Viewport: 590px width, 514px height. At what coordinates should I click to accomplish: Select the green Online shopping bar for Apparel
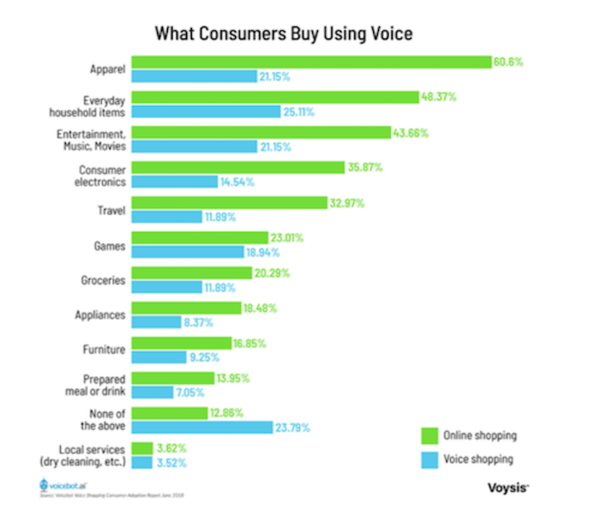click(311, 62)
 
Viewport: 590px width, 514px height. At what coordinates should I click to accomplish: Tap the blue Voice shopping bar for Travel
click(166, 217)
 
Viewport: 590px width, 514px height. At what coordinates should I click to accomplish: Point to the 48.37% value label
click(439, 97)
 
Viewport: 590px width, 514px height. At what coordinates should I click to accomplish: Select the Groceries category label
click(103, 279)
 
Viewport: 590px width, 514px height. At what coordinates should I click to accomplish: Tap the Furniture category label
click(104, 350)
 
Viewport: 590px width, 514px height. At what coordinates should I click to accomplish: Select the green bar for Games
click(199, 238)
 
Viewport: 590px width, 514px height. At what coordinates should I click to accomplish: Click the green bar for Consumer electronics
click(238, 168)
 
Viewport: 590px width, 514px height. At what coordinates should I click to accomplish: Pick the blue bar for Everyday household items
click(205, 112)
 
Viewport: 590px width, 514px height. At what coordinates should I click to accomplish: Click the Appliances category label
click(102, 315)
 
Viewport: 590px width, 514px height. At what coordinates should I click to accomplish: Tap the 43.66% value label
click(388, 132)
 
